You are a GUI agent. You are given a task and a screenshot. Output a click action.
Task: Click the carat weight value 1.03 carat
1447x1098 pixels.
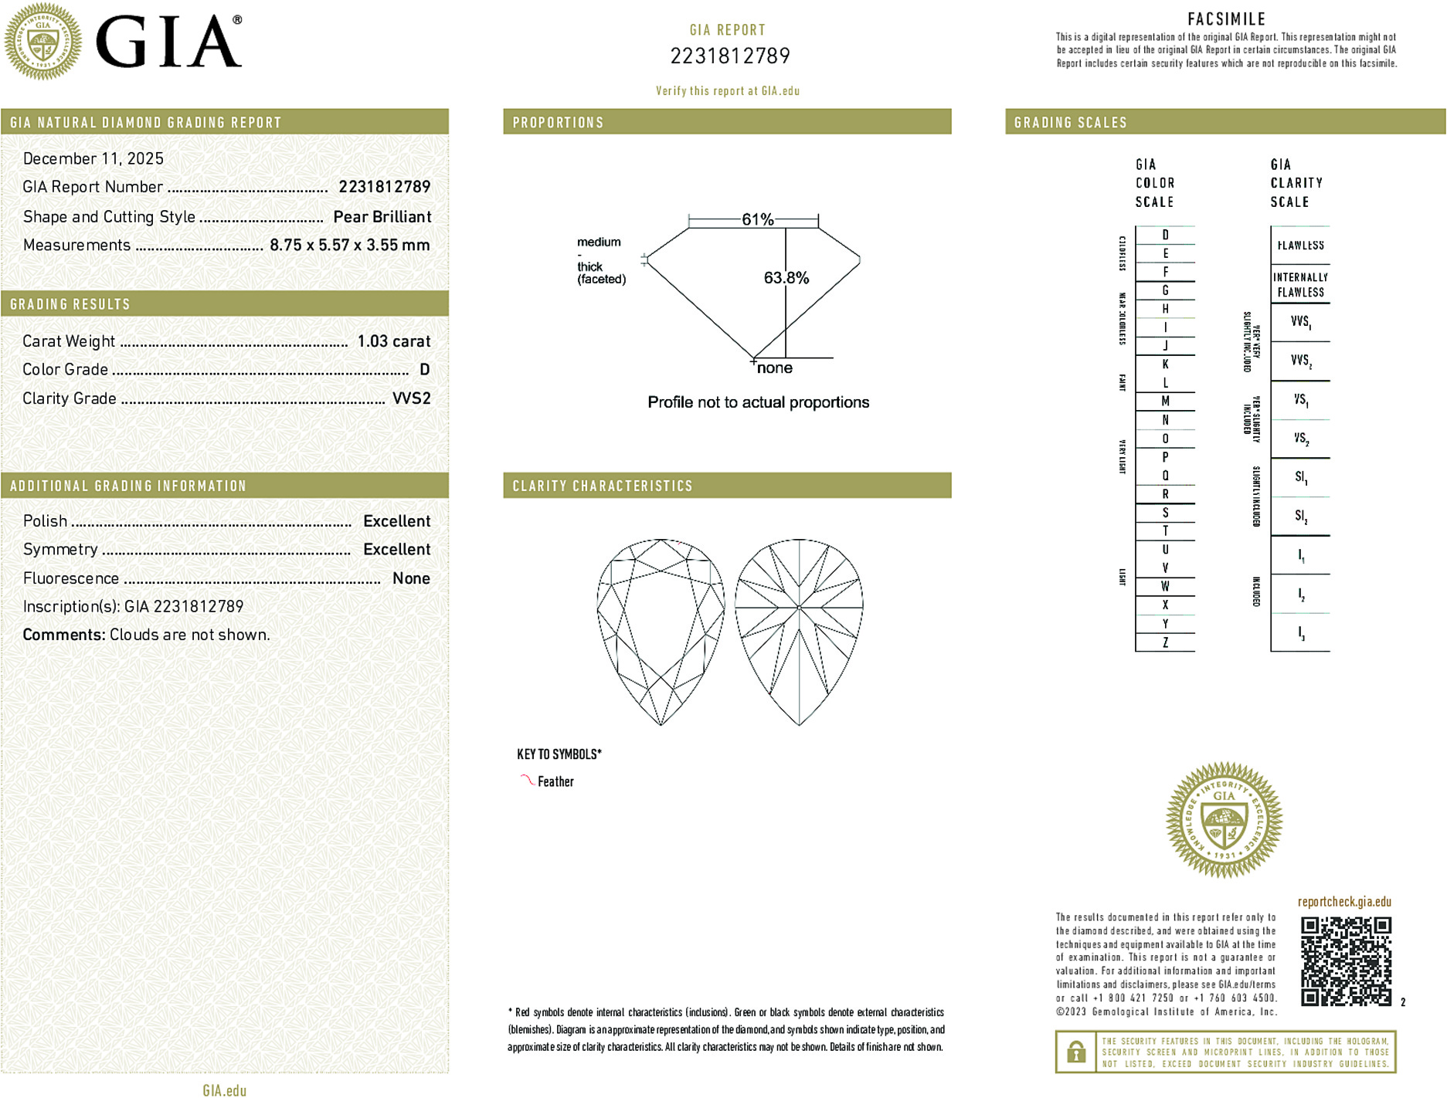tap(393, 341)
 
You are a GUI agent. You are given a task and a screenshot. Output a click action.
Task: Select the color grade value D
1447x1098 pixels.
tap(424, 370)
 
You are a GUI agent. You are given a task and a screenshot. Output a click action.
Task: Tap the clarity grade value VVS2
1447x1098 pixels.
tap(411, 398)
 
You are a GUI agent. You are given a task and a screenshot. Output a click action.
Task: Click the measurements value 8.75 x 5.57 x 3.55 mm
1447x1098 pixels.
tap(349, 246)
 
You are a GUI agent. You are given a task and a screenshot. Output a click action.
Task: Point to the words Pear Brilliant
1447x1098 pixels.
tap(382, 217)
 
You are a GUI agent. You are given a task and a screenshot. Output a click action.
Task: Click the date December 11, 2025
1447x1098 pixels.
tap(93, 158)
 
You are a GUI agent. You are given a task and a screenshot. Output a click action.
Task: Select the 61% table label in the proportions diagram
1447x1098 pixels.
tap(757, 219)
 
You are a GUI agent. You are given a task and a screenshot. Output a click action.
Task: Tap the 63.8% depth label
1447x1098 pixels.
tap(786, 278)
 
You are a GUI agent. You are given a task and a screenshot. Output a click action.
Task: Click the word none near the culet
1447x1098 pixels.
tap(774, 368)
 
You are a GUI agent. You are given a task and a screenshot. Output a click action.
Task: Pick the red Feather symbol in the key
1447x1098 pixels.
tap(527, 780)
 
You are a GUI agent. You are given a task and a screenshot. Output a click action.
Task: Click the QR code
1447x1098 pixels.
tap(1346, 961)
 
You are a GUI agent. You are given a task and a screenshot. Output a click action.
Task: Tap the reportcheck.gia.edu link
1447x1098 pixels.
tap(1344, 902)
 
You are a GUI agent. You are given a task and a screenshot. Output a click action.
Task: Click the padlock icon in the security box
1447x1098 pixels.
tap(1075, 1052)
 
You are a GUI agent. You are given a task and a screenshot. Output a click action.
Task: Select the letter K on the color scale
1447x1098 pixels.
tap(1165, 364)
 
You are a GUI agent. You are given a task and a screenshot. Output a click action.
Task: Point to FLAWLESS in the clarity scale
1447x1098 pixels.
tap(1300, 246)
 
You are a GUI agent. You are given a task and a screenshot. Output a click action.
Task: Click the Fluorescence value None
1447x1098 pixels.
tap(411, 578)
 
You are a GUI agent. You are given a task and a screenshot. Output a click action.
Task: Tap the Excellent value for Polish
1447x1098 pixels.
tap(396, 521)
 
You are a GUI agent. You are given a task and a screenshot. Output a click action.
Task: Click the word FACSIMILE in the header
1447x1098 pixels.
tap(1226, 19)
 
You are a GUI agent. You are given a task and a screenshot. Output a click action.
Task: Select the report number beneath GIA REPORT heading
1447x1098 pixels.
tap(729, 56)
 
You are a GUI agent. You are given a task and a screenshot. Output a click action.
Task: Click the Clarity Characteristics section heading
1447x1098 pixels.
tap(603, 486)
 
